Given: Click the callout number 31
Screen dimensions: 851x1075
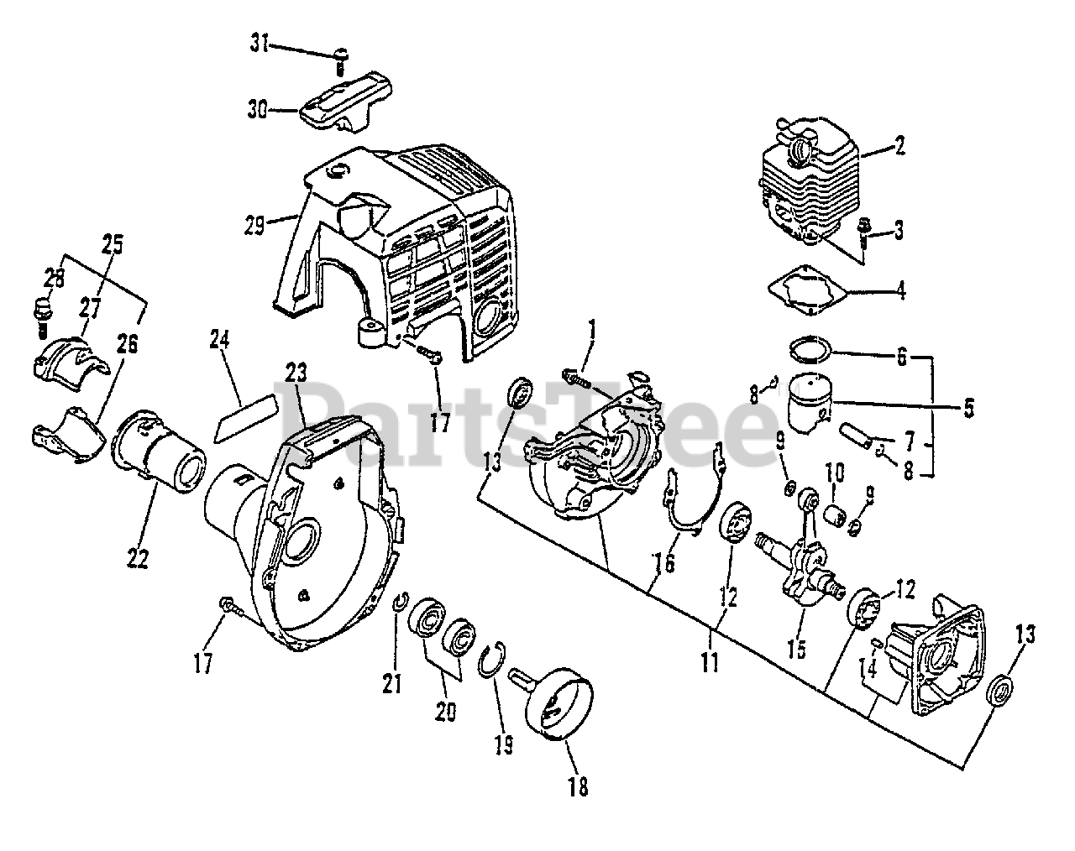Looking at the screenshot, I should pyautogui.click(x=260, y=44).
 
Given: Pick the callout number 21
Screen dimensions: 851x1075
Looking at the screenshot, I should pyautogui.click(x=392, y=684).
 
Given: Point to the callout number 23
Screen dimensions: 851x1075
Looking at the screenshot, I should pyautogui.click(x=296, y=370).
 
